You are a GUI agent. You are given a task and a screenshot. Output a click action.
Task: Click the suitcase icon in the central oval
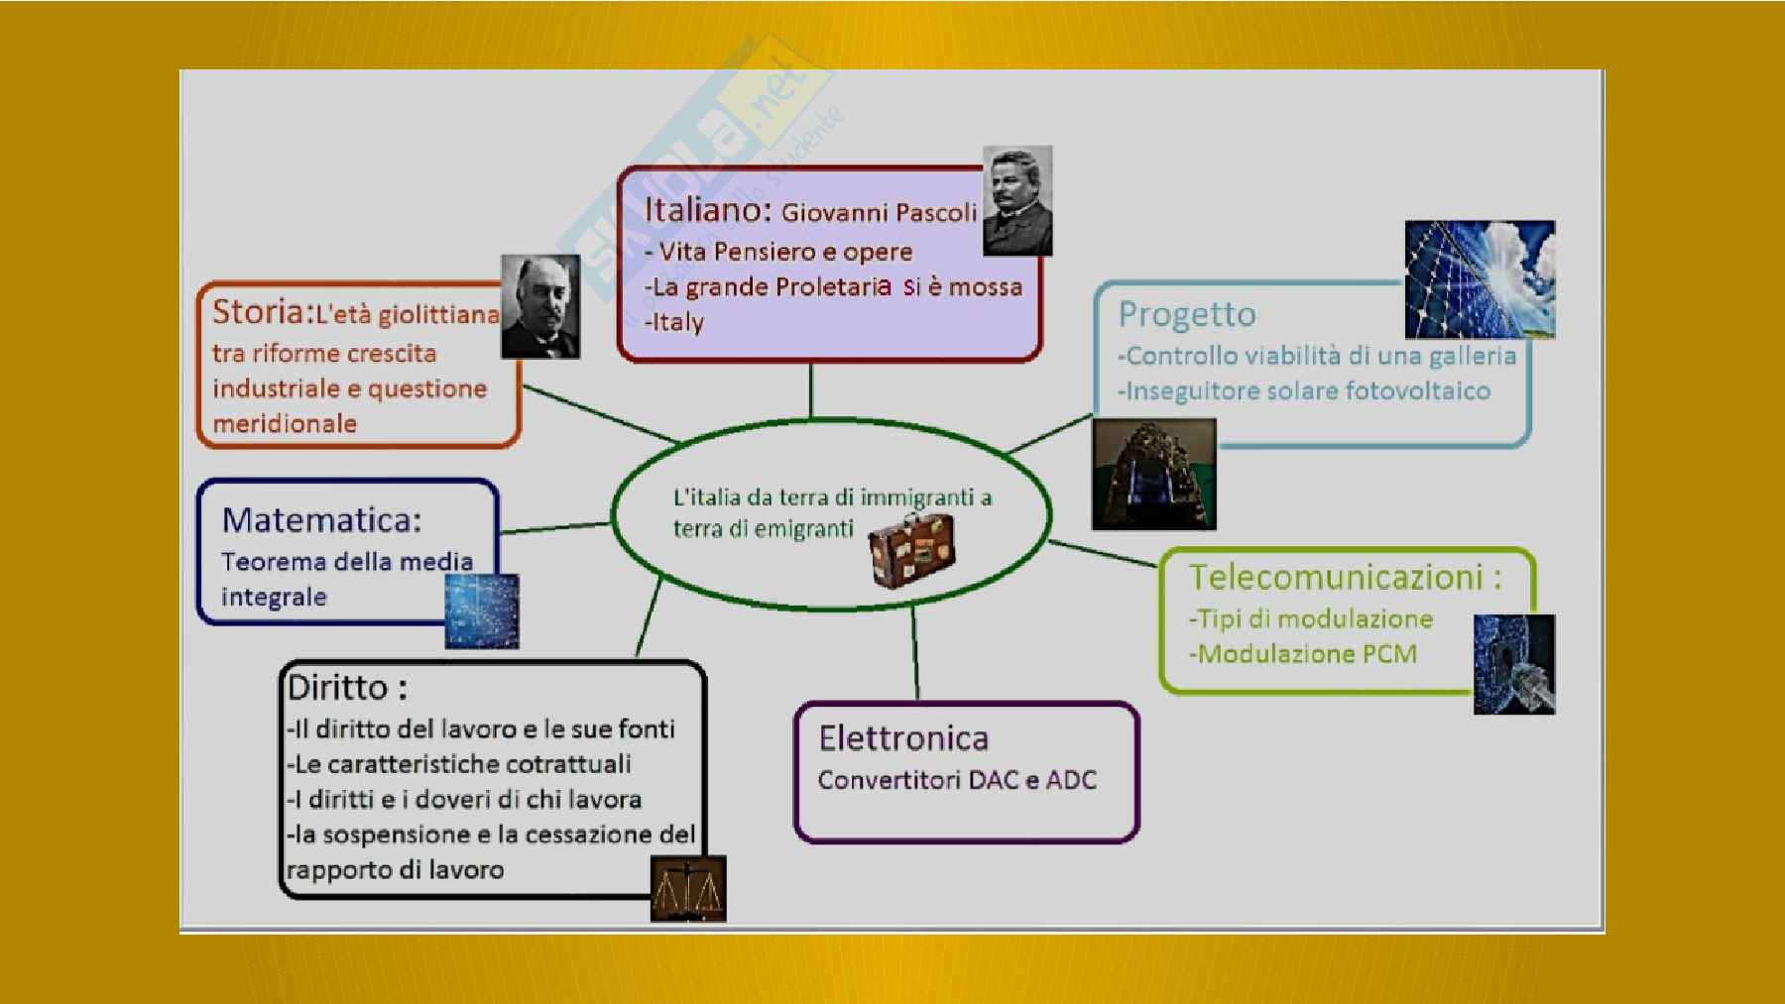pyautogui.click(x=912, y=550)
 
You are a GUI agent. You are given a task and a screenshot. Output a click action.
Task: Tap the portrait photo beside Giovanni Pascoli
pyautogui.click(x=1017, y=201)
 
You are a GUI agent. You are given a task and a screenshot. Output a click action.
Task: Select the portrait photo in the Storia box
pyautogui.click(x=540, y=306)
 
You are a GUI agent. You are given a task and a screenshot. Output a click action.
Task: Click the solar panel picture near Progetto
pyautogui.click(x=1480, y=279)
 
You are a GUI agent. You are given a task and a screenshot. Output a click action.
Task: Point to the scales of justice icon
pyautogui.click(x=688, y=889)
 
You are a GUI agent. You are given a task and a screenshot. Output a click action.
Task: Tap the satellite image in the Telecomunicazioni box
pyautogui.click(x=1514, y=664)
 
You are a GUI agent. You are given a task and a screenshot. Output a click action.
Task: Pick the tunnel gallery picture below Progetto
pyautogui.click(x=1154, y=474)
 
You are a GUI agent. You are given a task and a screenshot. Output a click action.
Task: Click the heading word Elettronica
pyautogui.click(x=903, y=738)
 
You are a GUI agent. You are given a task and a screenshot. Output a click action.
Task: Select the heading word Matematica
pyautogui.click(x=321, y=519)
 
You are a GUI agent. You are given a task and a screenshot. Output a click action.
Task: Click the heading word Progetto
pyautogui.click(x=1187, y=315)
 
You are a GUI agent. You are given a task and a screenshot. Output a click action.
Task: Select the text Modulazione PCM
pyautogui.click(x=1307, y=654)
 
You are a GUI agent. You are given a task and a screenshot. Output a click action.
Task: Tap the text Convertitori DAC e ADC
pyautogui.click(x=957, y=780)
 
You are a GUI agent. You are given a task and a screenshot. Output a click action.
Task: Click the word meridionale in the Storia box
pyautogui.click(x=285, y=423)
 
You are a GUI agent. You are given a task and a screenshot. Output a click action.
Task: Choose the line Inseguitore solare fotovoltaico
pyautogui.click(x=1308, y=391)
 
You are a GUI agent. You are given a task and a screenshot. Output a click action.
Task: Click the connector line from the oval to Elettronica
pyautogui.click(x=915, y=653)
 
